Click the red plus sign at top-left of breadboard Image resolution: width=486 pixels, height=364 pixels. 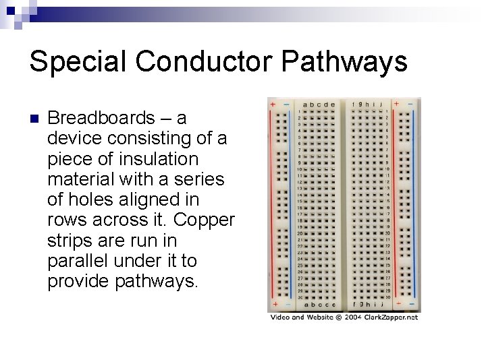[x=271, y=104]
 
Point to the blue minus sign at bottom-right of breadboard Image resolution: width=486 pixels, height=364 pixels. [x=412, y=304]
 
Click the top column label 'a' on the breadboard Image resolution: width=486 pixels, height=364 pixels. [x=305, y=104]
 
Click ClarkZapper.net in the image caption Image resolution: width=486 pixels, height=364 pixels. [x=393, y=317]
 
